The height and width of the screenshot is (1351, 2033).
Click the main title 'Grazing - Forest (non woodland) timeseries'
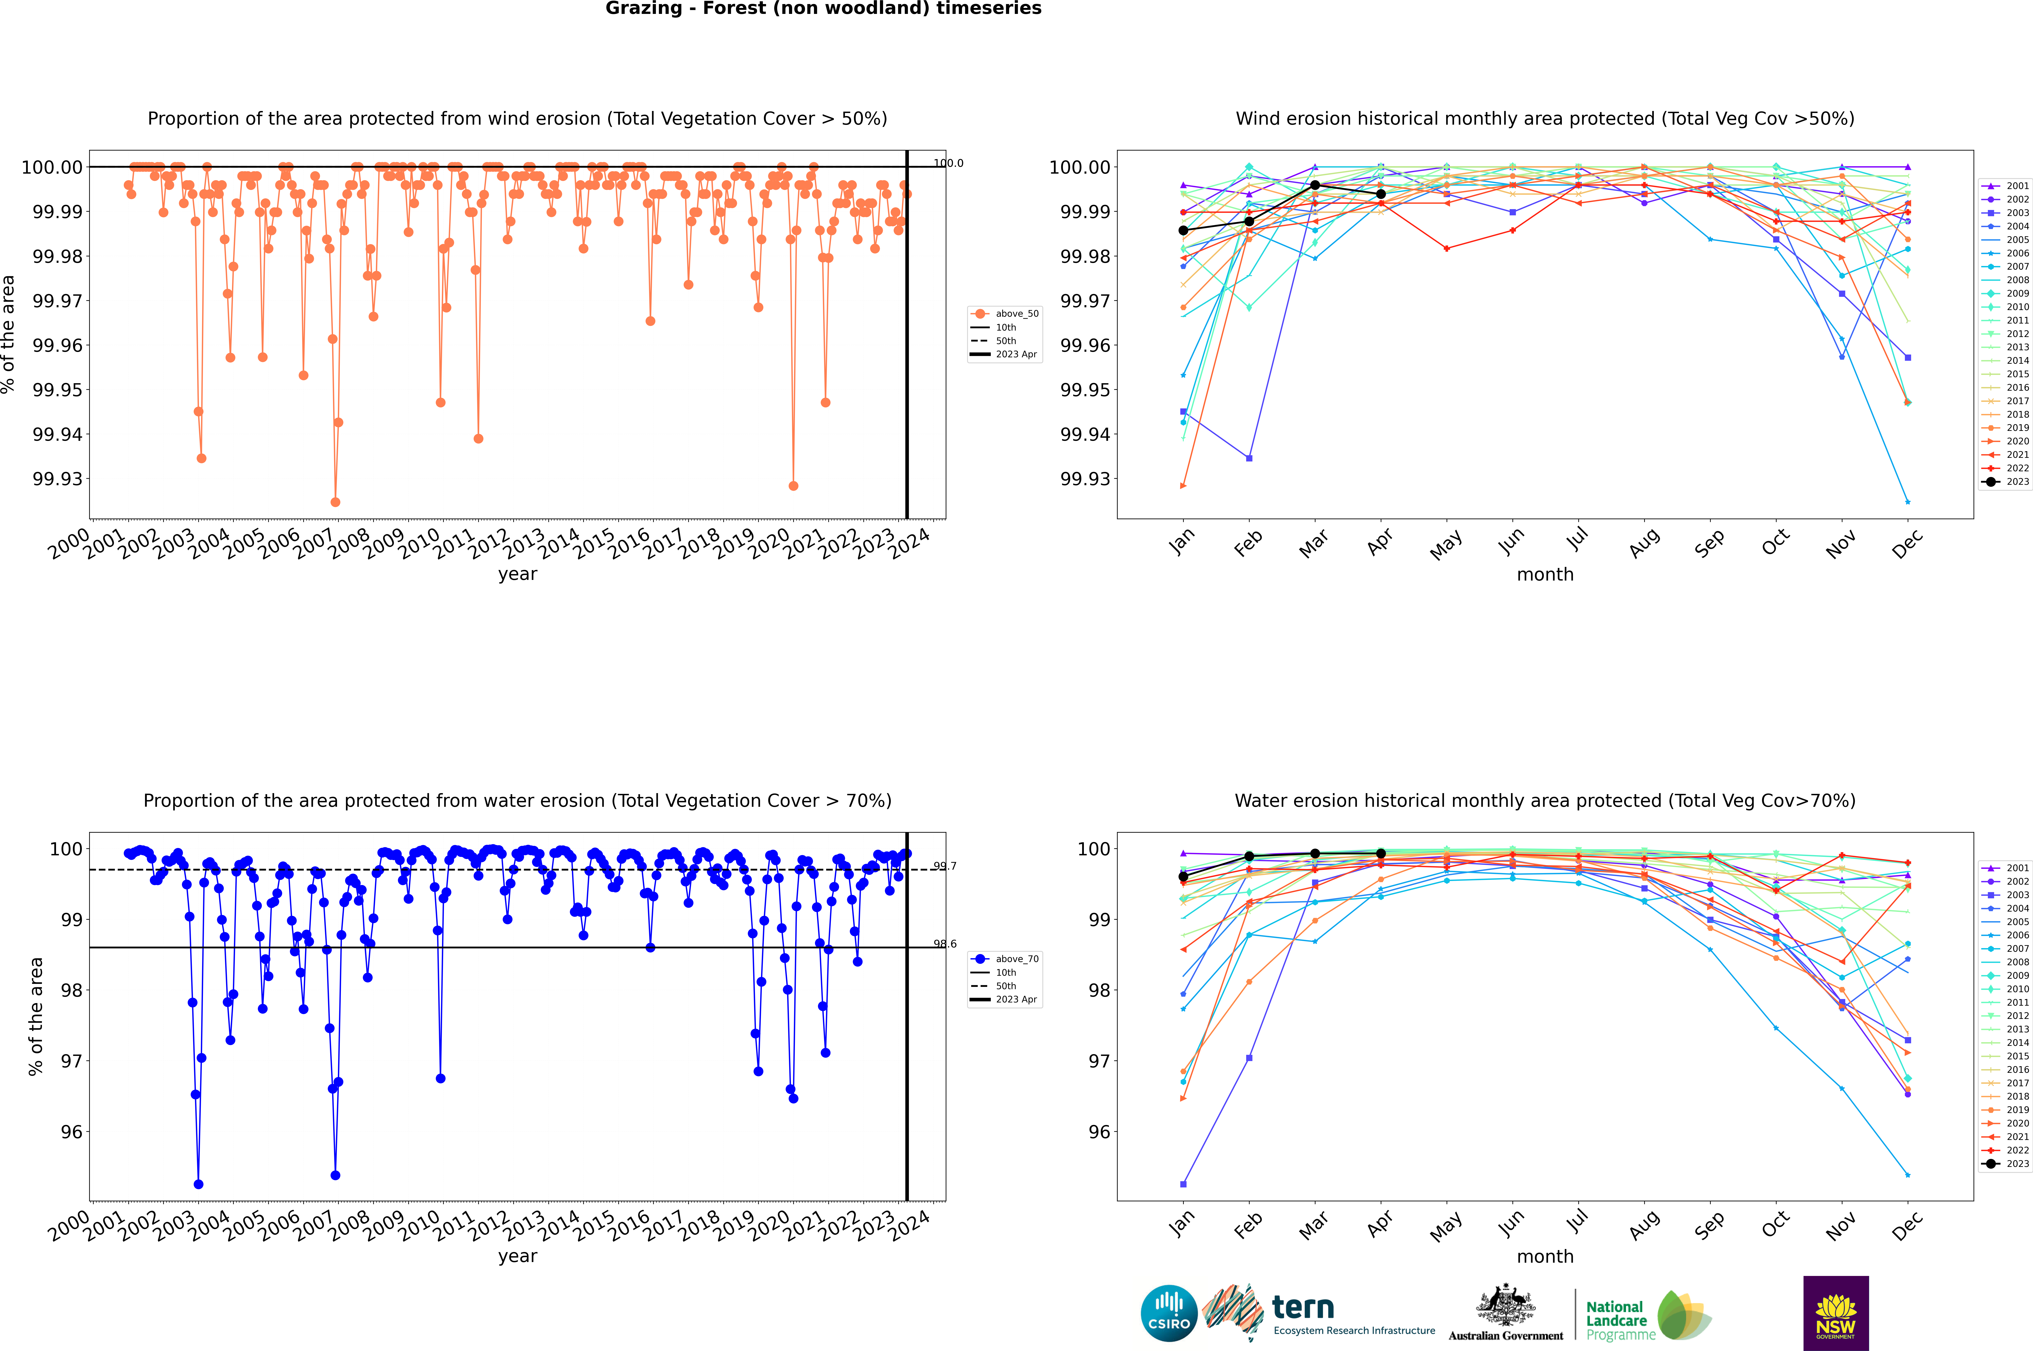click(823, 9)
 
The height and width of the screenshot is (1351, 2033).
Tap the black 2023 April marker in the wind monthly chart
click(1381, 194)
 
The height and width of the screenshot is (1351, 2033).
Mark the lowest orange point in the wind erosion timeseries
click(335, 502)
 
